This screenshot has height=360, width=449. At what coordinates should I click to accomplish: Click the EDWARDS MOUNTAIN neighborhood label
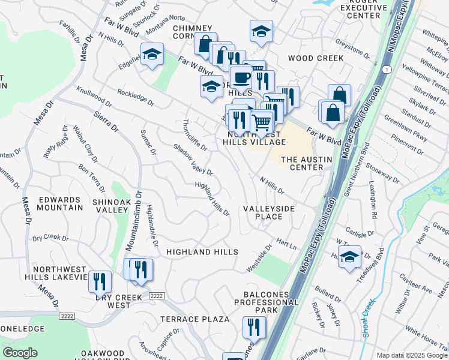(x=59, y=203)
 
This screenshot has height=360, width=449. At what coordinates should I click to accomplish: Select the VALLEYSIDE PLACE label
(x=269, y=212)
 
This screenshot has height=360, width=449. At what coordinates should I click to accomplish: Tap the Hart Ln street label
(x=286, y=245)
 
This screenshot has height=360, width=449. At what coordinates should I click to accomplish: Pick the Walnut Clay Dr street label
(x=85, y=144)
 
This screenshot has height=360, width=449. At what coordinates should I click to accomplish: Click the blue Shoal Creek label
(x=368, y=319)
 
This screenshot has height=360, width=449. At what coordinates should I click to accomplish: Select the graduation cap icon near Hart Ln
(x=349, y=257)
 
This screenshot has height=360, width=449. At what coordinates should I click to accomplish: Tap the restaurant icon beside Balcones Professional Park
(x=254, y=327)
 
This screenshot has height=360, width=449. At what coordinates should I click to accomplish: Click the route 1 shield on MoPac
(x=389, y=70)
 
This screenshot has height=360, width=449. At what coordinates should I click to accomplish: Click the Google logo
(x=20, y=353)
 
